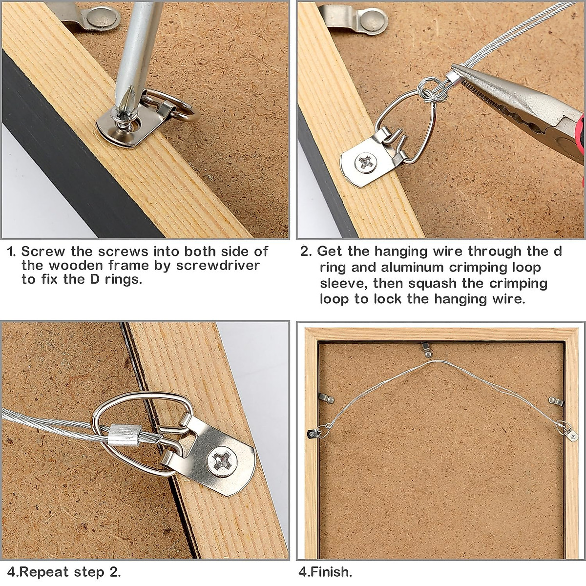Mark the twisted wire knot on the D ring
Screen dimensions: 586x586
[x=426, y=92]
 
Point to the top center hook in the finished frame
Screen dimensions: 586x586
[x=427, y=349]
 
